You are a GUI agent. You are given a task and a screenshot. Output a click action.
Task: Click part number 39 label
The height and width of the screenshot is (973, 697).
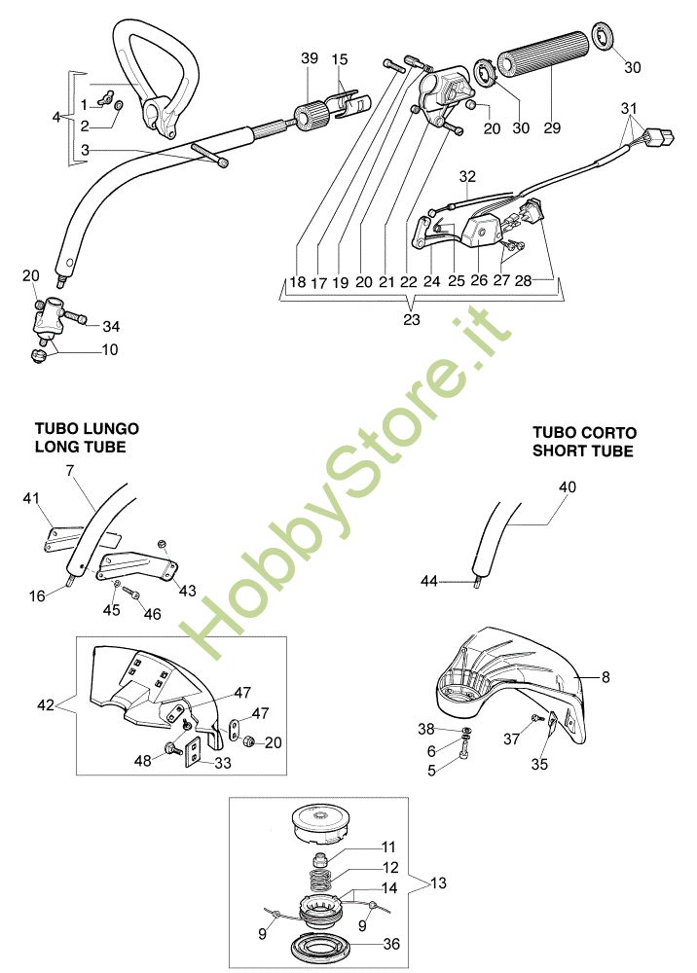click(x=310, y=59)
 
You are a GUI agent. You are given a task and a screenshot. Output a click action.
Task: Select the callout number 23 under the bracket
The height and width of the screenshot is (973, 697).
click(x=413, y=318)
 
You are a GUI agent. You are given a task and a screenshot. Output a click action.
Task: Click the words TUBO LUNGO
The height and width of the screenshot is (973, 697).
click(x=87, y=428)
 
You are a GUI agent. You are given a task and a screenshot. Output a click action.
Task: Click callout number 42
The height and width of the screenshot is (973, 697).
click(x=57, y=703)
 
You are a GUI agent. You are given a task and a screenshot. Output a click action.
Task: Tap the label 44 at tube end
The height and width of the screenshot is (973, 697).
click(x=429, y=581)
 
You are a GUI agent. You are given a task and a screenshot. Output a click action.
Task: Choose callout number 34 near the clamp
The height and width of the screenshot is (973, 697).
click(x=111, y=325)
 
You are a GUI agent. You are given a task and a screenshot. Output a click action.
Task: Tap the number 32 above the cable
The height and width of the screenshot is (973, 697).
click(x=468, y=177)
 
